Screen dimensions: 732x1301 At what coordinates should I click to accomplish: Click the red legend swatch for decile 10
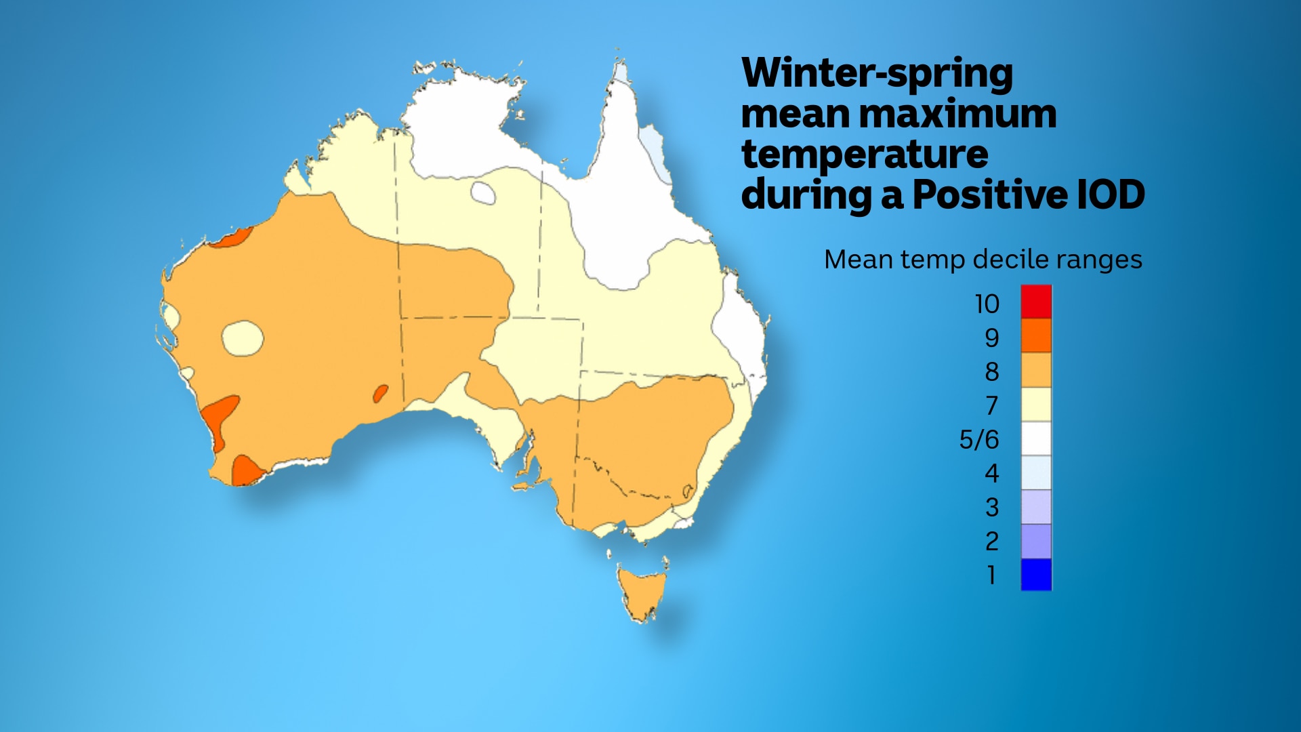coord(1036,302)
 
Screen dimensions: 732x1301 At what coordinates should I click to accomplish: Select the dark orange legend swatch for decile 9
coord(1036,336)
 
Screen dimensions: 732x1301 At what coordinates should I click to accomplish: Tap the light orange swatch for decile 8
coord(1036,370)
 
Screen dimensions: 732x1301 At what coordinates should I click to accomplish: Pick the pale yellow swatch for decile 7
coord(1036,405)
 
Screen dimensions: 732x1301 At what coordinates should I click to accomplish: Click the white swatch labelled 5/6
coord(1036,439)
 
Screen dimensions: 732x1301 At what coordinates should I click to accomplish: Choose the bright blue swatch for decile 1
coord(1036,575)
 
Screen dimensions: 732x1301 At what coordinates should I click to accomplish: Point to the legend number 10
coord(987,304)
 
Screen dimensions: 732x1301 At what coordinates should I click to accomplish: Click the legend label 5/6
coord(979,439)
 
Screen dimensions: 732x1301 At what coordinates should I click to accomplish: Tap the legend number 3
coord(992,507)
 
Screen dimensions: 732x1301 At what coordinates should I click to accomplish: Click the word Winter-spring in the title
coord(877,73)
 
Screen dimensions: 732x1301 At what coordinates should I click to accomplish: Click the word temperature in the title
coord(865,155)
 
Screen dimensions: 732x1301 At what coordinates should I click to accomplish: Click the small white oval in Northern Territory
coord(483,193)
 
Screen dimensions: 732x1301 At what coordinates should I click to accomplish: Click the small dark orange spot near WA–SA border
coord(381,393)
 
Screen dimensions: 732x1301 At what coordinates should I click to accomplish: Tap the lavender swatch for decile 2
coord(1036,541)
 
